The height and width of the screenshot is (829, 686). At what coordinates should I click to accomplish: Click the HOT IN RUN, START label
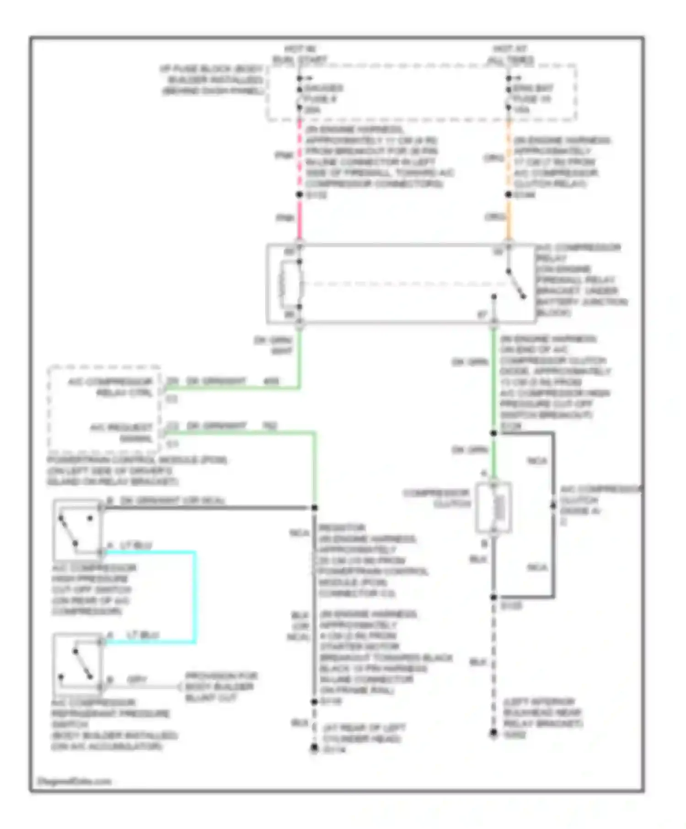click(x=300, y=54)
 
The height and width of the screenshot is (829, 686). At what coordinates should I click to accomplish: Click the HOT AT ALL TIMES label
click(x=510, y=54)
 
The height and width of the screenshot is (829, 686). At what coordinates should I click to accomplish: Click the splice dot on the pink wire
click(x=300, y=195)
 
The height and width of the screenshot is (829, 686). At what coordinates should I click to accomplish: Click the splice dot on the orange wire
click(x=508, y=195)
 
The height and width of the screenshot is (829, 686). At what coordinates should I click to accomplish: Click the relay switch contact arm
click(x=516, y=284)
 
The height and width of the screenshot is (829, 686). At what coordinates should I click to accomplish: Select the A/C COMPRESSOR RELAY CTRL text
click(x=111, y=387)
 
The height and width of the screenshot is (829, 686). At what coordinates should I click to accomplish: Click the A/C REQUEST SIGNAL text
click(x=121, y=433)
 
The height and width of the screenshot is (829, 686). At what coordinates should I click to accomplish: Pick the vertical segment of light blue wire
click(x=195, y=596)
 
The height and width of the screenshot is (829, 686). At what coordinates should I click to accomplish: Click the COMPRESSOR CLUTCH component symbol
click(x=493, y=507)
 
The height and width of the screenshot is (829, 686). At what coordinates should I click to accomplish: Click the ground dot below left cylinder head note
click(x=314, y=748)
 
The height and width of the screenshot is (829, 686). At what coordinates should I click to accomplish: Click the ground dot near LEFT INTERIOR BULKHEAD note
click(x=493, y=733)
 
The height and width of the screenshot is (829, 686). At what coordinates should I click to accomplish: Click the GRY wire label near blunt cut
click(x=137, y=680)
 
